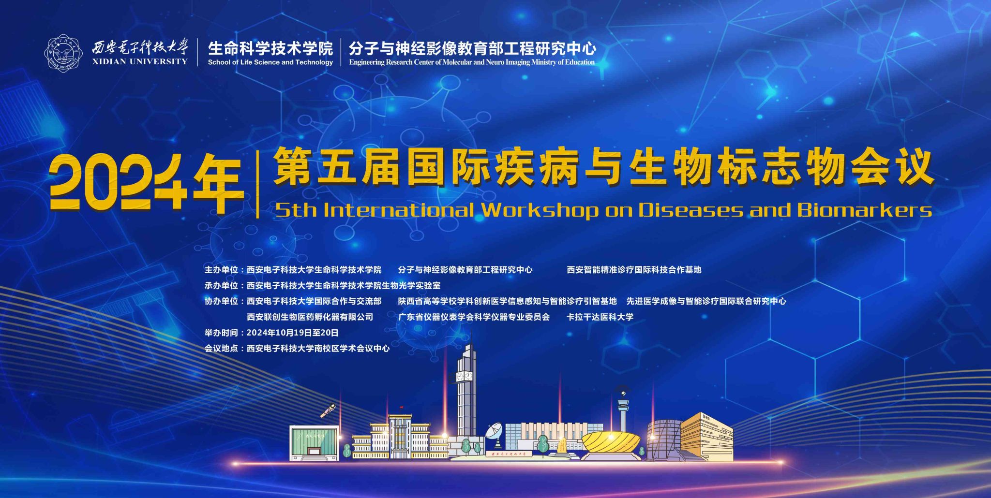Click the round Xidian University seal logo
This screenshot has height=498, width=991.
(x=64, y=52)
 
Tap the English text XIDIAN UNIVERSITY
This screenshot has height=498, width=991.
(x=140, y=61)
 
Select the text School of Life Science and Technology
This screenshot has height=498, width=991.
(x=270, y=62)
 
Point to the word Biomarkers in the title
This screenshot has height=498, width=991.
(x=864, y=210)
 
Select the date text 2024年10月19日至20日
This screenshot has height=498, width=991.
(x=292, y=333)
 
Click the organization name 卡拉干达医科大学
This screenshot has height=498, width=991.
(x=600, y=317)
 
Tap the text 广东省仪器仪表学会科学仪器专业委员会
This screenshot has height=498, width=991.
(x=474, y=317)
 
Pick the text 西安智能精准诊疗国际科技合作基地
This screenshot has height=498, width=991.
(x=634, y=270)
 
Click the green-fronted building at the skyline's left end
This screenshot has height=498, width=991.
(x=314, y=443)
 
